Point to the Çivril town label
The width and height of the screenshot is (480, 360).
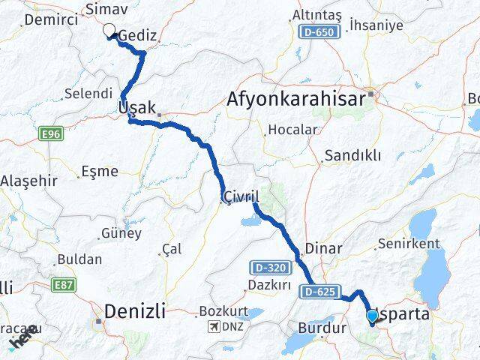pyautogui.click(x=240, y=196)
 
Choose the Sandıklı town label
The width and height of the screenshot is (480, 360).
pyautogui.click(x=352, y=156)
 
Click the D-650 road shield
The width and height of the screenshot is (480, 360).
pyautogui.click(x=312, y=31)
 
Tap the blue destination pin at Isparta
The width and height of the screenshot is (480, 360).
pyautogui.click(x=372, y=316)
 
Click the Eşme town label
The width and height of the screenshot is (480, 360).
pyautogui.click(x=99, y=171)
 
